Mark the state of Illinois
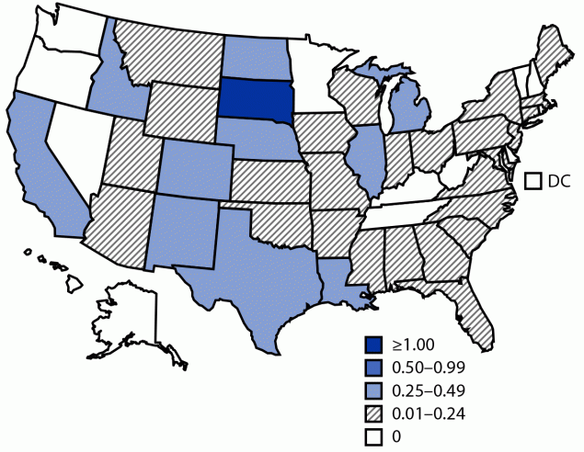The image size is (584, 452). (368, 161)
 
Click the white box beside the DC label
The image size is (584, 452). (532, 181)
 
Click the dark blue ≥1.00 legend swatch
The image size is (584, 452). (372, 346)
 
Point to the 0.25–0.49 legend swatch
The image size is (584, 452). (372, 390)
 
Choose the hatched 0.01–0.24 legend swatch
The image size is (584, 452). (372, 412)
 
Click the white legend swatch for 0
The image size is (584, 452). (372, 435)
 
